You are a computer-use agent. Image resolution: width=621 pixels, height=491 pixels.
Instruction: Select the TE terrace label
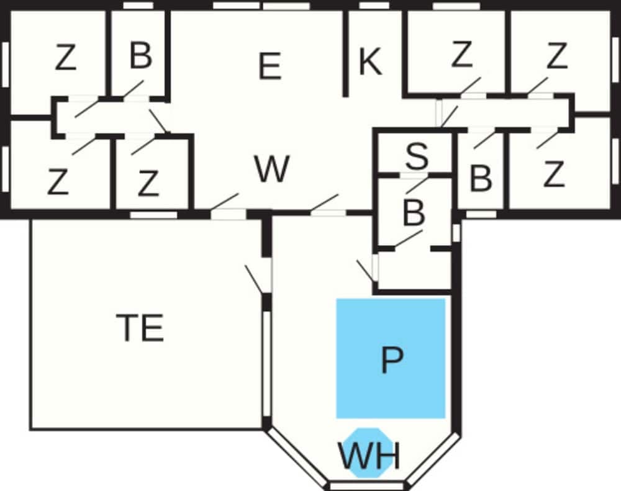(140, 328)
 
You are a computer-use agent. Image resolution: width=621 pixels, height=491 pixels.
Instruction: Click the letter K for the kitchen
(370, 63)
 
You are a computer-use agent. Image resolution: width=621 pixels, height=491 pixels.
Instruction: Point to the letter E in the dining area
(269, 66)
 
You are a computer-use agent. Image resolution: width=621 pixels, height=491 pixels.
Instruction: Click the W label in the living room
(272, 169)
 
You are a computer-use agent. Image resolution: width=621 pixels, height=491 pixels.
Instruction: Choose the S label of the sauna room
(417, 157)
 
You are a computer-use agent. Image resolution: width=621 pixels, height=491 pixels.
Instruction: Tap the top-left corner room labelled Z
(65, 58)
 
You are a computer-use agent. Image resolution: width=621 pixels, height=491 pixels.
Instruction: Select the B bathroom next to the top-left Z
(141, 56)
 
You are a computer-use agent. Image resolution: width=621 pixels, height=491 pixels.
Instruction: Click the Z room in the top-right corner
(556, 56)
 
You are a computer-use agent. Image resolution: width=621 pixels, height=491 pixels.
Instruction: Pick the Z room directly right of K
(461, 56)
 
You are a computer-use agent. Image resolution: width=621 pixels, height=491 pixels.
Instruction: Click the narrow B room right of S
(480, 179)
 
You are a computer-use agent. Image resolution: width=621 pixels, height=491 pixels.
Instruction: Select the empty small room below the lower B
(414, 270)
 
